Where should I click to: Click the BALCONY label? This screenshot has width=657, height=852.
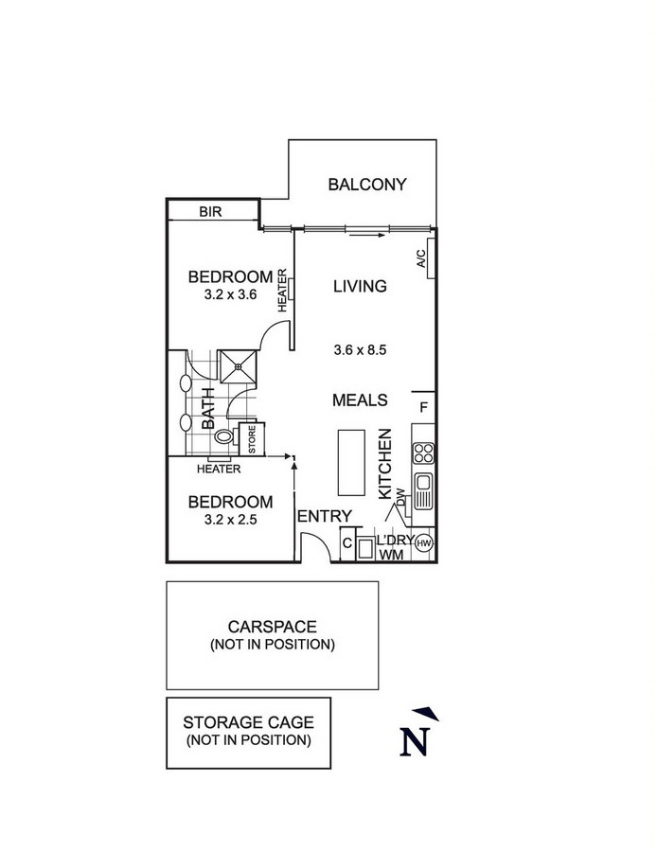(x=366, y=185)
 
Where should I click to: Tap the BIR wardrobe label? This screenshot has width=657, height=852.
(x=210, y=211)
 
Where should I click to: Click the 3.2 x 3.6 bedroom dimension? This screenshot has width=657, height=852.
(x=230, y=295)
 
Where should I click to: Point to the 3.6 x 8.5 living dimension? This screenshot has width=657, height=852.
(x=360, y=350)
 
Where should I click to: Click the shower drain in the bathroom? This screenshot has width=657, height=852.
(x=238, y=366)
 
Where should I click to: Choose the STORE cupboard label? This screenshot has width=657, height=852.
(x=252, y=439)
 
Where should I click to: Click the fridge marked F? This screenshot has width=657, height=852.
(x=424, y=407)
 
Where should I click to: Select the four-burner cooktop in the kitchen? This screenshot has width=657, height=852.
(x=423, y=453)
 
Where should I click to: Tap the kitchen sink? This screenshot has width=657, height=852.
(x=423, y=490)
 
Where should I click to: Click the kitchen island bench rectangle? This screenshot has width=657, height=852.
(x=351, y=462)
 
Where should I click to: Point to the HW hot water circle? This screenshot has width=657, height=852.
(x=424, y=542)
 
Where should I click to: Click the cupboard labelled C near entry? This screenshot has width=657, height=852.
(x=347, y=543)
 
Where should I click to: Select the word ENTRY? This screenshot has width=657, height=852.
(x=325, y=516)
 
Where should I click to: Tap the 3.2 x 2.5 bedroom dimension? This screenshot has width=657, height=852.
(x=230, y=520)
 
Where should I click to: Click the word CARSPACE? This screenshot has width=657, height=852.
(x=273, y=627)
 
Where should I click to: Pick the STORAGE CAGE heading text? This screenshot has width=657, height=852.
(x=248, y=722)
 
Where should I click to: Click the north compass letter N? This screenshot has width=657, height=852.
(x=415, y=741)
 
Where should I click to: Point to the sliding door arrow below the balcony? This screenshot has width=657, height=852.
(x=366, y=236)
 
